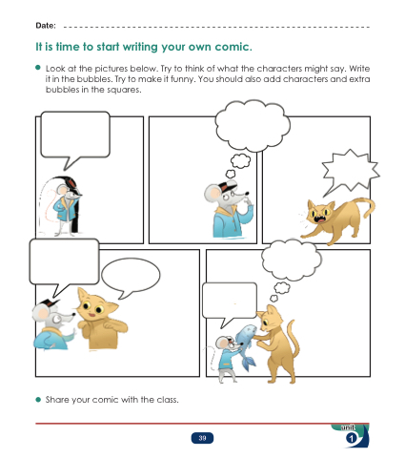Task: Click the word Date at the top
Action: (x=46, y=26)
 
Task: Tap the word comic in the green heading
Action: (x=233, y=47)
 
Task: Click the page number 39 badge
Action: (x=202, y=438)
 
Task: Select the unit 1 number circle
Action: (x=352, y=439)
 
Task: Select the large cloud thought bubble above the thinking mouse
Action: (x=253, y=126)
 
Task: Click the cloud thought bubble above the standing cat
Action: (x=291, y=260)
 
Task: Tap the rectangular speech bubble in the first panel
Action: (x=75, y=135)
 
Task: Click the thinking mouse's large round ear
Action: (x=213, y=193)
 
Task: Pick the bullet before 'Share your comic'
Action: (x=38, y=400)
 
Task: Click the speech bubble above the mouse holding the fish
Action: (x=230, y=301)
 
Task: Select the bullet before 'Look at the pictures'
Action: (x=38, y=68)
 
